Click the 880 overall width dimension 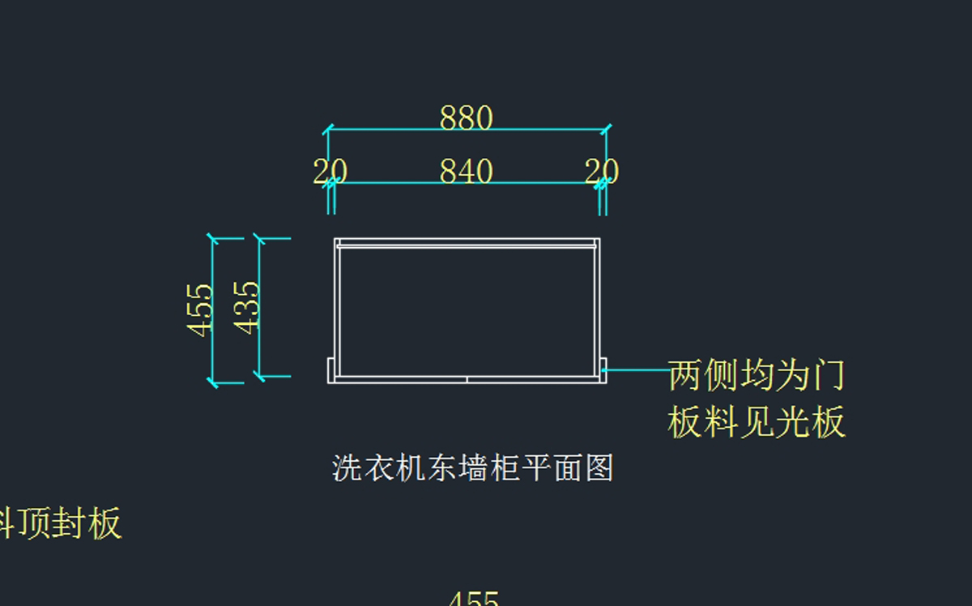tap(466, 118)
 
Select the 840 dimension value tap(466, 172)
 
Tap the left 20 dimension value tap(330, 172)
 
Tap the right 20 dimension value tap(602, 172)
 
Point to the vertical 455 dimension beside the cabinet tap(200, 308)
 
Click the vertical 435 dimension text tap(247, 307)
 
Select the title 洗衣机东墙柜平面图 tap(472, 468)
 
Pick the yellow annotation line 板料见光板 tap(757, 422)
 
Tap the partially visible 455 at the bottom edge tap(473, 599)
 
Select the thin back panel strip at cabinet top tap(467, 243)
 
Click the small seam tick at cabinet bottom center tap(467, 378)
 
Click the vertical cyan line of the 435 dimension tap(260, 348)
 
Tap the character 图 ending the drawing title tap(599, 468)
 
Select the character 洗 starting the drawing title tap(345, 468)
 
